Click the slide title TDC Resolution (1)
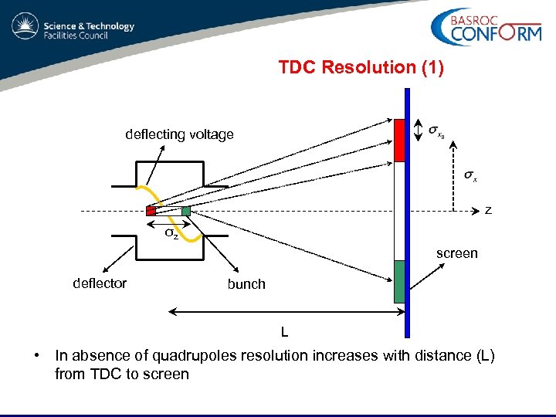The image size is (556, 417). [x=361, y=67]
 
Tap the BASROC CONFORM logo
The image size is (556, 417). [x=486, y=29]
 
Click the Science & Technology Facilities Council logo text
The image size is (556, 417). [x=89, y=30]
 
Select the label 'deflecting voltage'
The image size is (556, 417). [x=179, y=134]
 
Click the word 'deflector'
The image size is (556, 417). [x=99, y=283]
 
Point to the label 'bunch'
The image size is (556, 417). [x=246, y=284]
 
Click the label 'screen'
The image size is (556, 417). [x=456, y=253]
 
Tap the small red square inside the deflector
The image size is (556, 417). [x=151, y=211]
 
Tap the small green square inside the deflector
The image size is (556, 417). [x=185, y=211]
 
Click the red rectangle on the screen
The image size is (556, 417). [x=399, y=140]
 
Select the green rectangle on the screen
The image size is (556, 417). [x=399, y=281]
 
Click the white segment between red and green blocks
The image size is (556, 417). [x=399, y=210]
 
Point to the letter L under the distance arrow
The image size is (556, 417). [x=284, y=332]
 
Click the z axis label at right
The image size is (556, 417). [x=487, y=210]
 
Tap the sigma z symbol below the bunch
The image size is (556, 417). [x=171, y=233]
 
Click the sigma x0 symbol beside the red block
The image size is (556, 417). [x=436, y=131]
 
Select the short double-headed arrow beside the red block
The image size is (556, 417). [x=418, y=131]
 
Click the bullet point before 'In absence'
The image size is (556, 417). [x=36, y=356]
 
